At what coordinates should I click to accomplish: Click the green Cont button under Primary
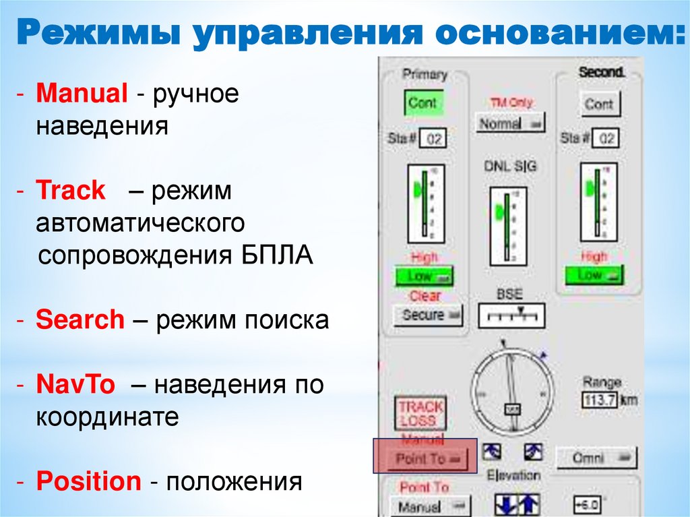point(422,103)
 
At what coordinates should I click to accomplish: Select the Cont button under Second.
point(599,104)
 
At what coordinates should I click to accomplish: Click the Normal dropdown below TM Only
point(510,123)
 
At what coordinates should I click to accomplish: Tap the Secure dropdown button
point(428,315)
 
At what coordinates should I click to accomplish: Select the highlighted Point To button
point(425,458)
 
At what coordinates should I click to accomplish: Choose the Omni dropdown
point(596,458)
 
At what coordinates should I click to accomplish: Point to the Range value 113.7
point(600,399)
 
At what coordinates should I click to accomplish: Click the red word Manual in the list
point(82,94)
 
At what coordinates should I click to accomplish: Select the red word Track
point(71,191)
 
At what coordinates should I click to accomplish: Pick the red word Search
point(80,320)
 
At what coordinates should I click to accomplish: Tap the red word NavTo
point(75,385)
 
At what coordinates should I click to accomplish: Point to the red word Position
point(88,481)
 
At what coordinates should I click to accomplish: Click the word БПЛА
point(277,256)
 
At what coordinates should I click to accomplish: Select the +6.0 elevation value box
point(586,505)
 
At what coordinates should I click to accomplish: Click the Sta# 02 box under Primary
point(433,140)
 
